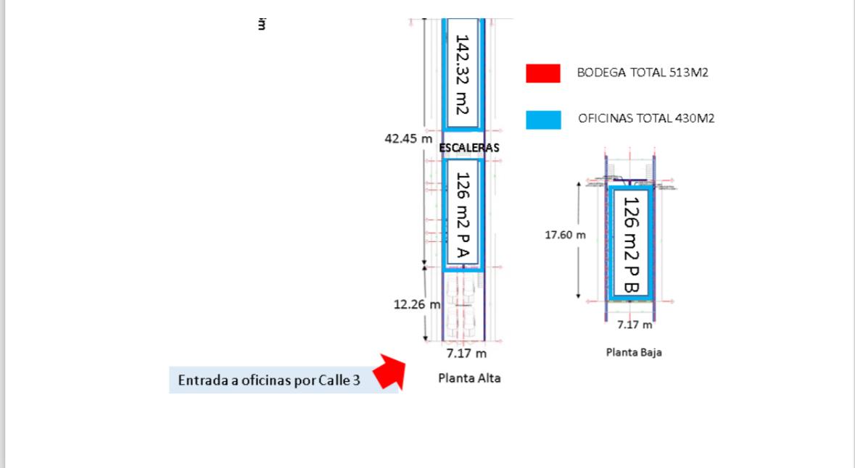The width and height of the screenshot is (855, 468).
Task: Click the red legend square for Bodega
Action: click(x=543, y=73)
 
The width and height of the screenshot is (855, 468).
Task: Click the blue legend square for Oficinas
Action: click(x=543, y=120)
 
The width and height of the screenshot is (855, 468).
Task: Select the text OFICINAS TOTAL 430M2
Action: click(x=646, y=118)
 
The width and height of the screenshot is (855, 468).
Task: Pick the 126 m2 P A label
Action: click(x=463, y=214)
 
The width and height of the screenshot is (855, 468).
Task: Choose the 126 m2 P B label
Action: click(x=630, y=243)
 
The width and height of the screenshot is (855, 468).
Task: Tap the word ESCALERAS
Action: click(x=469, y=147)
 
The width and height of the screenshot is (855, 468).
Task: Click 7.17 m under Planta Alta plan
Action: click(x=466, y=354)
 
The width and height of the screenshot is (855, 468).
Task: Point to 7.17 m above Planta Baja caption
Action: click(x=635, y=325)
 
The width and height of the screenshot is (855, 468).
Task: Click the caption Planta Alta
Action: click(x=469, y=378)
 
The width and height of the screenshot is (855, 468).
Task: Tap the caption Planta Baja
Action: click(x=634, y=353)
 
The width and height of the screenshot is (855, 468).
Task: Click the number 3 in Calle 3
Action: click(x=356, y=380)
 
